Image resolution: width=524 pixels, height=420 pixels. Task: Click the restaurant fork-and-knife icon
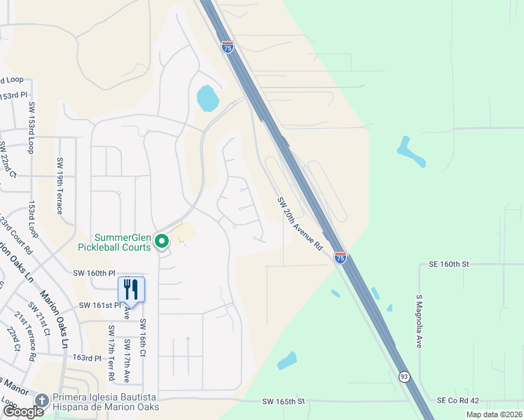(x=131, y=288)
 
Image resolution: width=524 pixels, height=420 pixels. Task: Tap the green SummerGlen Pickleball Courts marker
(x=162, y=242)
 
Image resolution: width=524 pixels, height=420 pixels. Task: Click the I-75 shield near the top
(x=227, y=47)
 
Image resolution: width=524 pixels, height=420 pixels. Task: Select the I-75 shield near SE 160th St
(x=340, y=258)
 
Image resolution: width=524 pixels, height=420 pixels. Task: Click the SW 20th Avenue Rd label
(x=300, y=223)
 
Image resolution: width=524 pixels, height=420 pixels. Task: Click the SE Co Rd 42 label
(x=460, y=400)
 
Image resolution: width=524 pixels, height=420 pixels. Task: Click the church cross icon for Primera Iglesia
(x=42, y=400)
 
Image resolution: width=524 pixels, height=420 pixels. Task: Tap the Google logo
(x=23, y=412)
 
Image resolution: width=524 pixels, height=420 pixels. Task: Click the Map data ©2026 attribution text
(x=493, y=414)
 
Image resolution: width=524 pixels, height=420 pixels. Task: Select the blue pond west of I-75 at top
(x=208, y=98)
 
